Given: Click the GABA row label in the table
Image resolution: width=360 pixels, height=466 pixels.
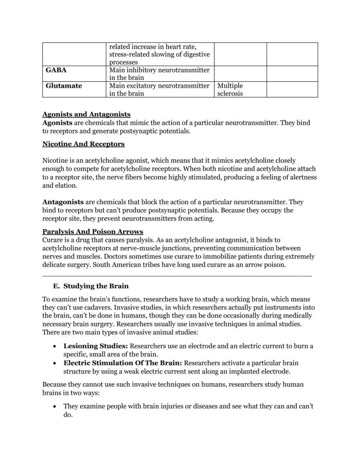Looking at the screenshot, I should pyautogui.click(x=56, y=70).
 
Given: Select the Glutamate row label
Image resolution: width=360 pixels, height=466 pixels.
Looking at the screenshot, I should pyautogui.click(x=63, y=86).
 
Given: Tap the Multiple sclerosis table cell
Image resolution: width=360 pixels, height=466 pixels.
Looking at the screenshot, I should pyautogui.click(x=230, y=90).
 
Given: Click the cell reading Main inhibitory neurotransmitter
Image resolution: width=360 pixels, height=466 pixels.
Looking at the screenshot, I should pyautogui.click(x=159, y=74).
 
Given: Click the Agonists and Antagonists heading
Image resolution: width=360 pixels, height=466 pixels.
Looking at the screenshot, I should pyautogui.click(x=86, y=114).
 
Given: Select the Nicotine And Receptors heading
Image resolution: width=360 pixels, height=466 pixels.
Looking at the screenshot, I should pyautogui.click(x=83, y=144).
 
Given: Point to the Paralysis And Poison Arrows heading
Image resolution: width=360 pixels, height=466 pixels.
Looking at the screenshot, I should pyautogui.click(x=93, y=231).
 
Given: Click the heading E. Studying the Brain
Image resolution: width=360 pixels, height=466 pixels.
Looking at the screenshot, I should pyautogui.click(x=90, y=286).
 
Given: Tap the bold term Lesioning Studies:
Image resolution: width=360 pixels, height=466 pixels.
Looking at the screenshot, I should pyautogui.click(x=96, y=346).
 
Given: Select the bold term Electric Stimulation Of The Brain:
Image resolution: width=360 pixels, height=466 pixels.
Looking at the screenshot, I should pyautogui.click(x=123, y=363).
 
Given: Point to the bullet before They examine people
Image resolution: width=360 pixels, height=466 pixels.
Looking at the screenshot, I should pyautogui.click(x=54, y=407).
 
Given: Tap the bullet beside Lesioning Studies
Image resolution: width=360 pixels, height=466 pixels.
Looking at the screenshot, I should pyautogui.click(x=54, y=347).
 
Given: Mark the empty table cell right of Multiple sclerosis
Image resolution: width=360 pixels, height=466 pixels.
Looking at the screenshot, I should pyautogui.click(x=292, y=89).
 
